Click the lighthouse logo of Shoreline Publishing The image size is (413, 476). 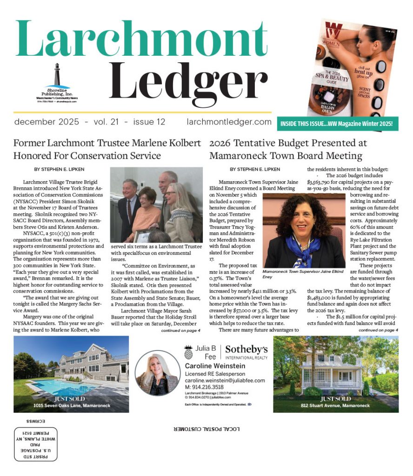pos(57,74)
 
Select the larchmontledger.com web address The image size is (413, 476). pos(229,122)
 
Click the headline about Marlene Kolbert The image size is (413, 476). pos(107,149)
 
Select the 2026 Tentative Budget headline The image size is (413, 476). pos(288,149)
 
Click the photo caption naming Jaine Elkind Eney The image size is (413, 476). pos(303,273)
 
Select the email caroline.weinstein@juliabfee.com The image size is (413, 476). pos(225,380)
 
